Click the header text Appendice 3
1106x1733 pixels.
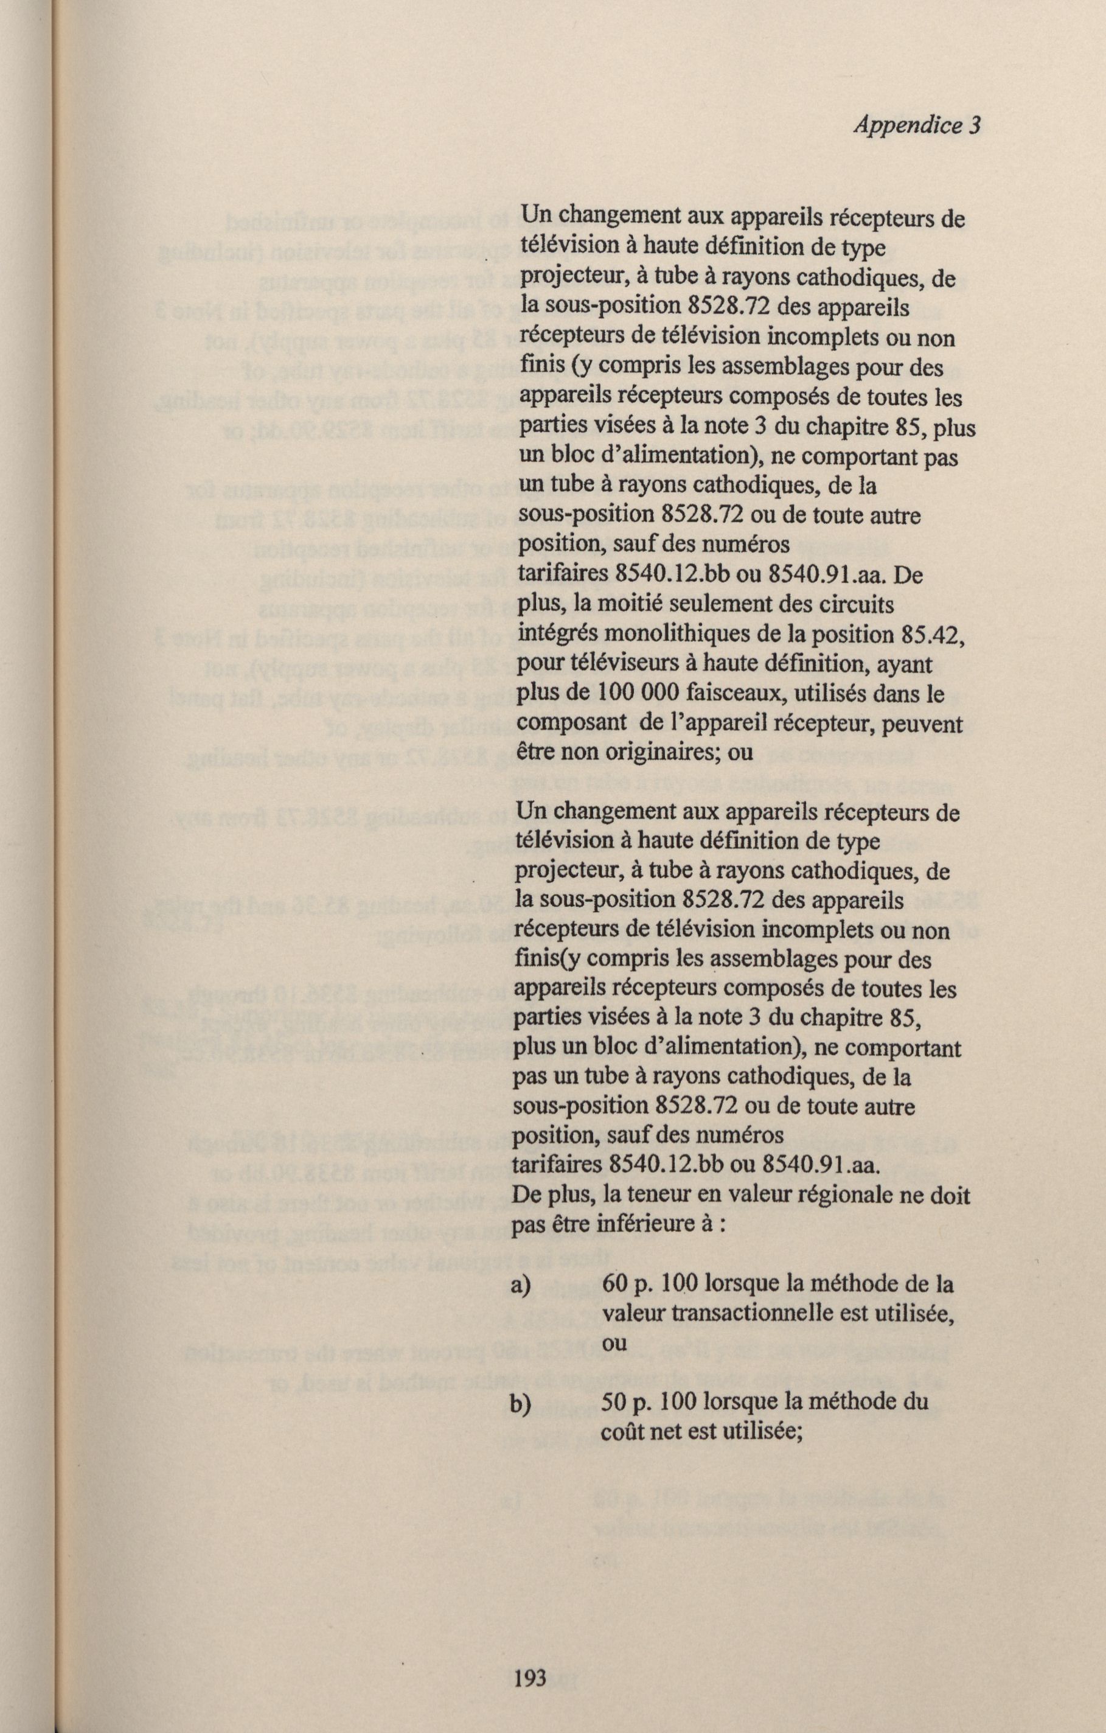[x=917, y=126]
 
